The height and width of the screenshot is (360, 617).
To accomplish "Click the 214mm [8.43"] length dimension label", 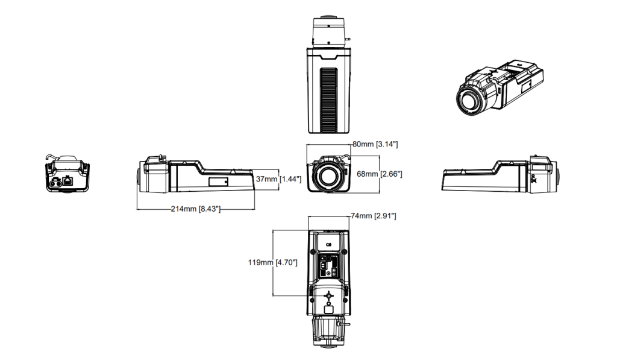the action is coord(196,209).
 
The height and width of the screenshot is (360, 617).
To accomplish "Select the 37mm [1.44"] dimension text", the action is coord(278,179).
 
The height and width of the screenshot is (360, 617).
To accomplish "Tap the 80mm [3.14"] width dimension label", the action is coord(375,144).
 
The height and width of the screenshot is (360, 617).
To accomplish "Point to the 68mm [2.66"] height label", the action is coord(380,174).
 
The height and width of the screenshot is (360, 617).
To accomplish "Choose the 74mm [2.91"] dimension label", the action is coord(374,216).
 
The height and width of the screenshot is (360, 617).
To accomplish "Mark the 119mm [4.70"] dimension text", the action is coord(273,262).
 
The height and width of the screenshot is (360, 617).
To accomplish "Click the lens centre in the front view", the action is coord(328,175).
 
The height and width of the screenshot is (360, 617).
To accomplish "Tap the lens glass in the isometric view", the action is coord(469,101).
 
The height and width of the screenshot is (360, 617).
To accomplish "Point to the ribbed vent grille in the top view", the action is coord(328,100).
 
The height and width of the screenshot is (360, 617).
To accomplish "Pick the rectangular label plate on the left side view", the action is coord(218,182).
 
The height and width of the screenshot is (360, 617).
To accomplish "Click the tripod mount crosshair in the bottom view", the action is coord(328,295).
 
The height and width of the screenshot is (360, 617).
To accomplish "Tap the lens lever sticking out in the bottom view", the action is coord(344,324).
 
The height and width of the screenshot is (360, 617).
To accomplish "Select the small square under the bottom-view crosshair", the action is coord(328,309).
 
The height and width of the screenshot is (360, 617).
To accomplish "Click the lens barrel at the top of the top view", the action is coord(328,31).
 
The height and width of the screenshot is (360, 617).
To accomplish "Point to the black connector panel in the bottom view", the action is coord(328,265).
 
